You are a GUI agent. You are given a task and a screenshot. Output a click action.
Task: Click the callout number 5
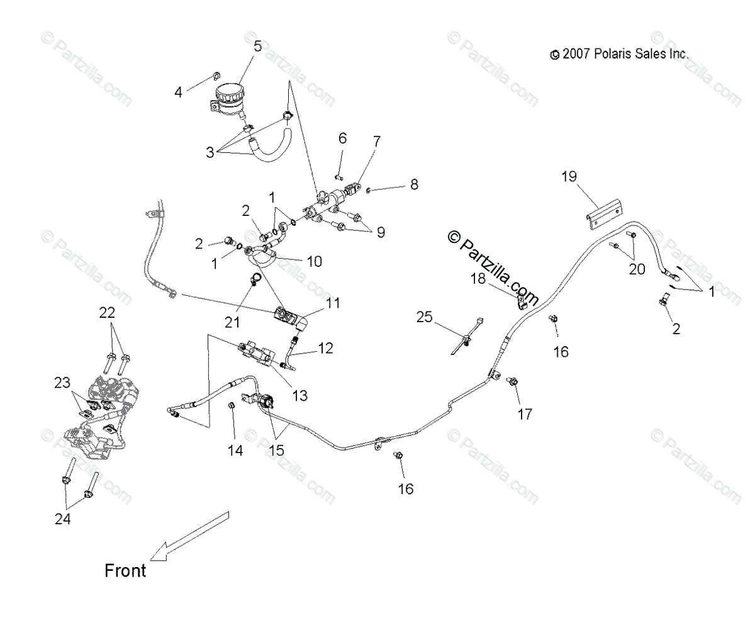coord(257,47)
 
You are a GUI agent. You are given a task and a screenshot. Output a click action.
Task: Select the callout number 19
coord(569,177)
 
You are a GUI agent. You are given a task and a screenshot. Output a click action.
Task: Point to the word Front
coord(125,571)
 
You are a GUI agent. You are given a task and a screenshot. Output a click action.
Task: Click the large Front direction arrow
coord(191,536)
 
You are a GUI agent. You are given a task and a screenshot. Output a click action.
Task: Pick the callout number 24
coord(62,519)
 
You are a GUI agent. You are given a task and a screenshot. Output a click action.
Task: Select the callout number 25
coord(425,317)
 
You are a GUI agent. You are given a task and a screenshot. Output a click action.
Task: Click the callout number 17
coord(524,414)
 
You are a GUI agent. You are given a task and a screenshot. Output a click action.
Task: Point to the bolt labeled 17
coord(513,381)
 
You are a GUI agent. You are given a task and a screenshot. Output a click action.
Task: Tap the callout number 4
coord(179,92)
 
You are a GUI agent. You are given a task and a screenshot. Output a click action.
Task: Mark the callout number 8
coord(413,184)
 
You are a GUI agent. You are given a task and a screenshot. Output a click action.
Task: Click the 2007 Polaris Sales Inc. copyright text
coord(619,55)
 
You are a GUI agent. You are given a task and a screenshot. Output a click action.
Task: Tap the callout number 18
coord(479,278)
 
